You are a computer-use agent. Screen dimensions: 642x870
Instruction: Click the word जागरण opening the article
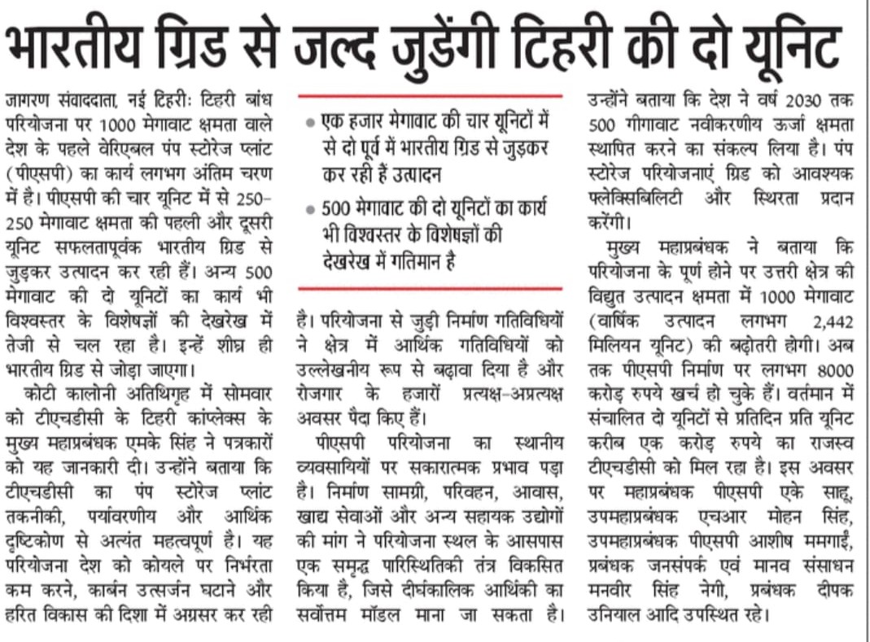[x=28, y=100]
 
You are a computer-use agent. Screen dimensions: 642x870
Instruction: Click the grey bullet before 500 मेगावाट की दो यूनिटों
[x=309, y=210]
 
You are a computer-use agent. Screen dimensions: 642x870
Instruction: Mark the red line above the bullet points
[x=430, y=98]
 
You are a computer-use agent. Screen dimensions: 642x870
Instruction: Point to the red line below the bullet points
[x=430, y=287]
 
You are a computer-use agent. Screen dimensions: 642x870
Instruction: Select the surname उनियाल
[x=619, y=614]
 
